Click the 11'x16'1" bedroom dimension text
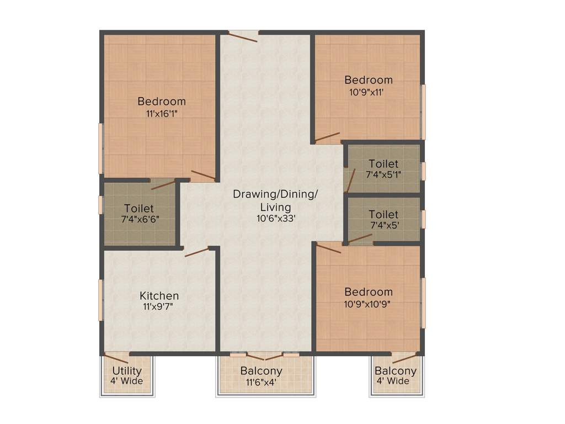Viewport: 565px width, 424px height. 162,113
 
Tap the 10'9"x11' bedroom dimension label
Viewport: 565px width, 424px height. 366,92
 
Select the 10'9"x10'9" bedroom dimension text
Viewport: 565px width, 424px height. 369,303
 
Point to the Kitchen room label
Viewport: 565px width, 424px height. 159,296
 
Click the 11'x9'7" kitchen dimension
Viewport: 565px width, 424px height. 159,307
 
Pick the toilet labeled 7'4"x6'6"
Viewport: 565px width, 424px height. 139,214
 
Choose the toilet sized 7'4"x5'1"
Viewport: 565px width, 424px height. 383,169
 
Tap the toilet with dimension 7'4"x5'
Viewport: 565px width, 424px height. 383,219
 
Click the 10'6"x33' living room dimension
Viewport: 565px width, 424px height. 275,219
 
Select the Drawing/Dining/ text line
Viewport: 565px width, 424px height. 275,194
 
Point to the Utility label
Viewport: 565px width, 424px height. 127,371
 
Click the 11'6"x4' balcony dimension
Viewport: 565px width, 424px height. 261,381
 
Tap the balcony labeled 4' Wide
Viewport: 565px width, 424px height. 396,376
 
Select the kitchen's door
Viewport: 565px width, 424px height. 197,252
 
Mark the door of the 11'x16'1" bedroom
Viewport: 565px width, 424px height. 202,176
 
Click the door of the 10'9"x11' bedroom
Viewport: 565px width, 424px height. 328,136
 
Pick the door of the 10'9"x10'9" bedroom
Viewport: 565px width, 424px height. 328,248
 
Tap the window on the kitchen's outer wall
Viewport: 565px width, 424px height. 100,300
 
